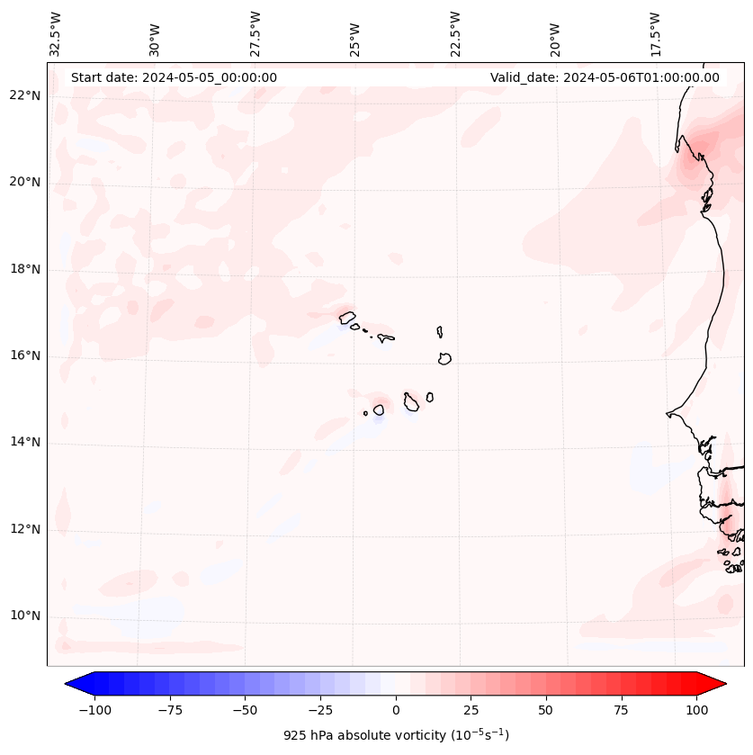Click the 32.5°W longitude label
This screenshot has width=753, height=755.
coord(56,34)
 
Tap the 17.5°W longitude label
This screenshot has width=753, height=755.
coord(655,34)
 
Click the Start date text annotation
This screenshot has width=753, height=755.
coord(174,77)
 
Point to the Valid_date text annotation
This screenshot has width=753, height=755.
coord(605,77)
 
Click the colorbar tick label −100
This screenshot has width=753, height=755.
coord(94,710)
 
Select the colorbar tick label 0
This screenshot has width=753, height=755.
coord(396,710)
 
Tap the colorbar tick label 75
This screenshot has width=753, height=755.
coord(621,710)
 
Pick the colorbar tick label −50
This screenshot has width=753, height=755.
coord(245,710)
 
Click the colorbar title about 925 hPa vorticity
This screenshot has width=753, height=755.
coord(396,735)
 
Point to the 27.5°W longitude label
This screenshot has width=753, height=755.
coord(255,34)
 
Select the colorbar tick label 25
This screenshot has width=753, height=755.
coord(471,710)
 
